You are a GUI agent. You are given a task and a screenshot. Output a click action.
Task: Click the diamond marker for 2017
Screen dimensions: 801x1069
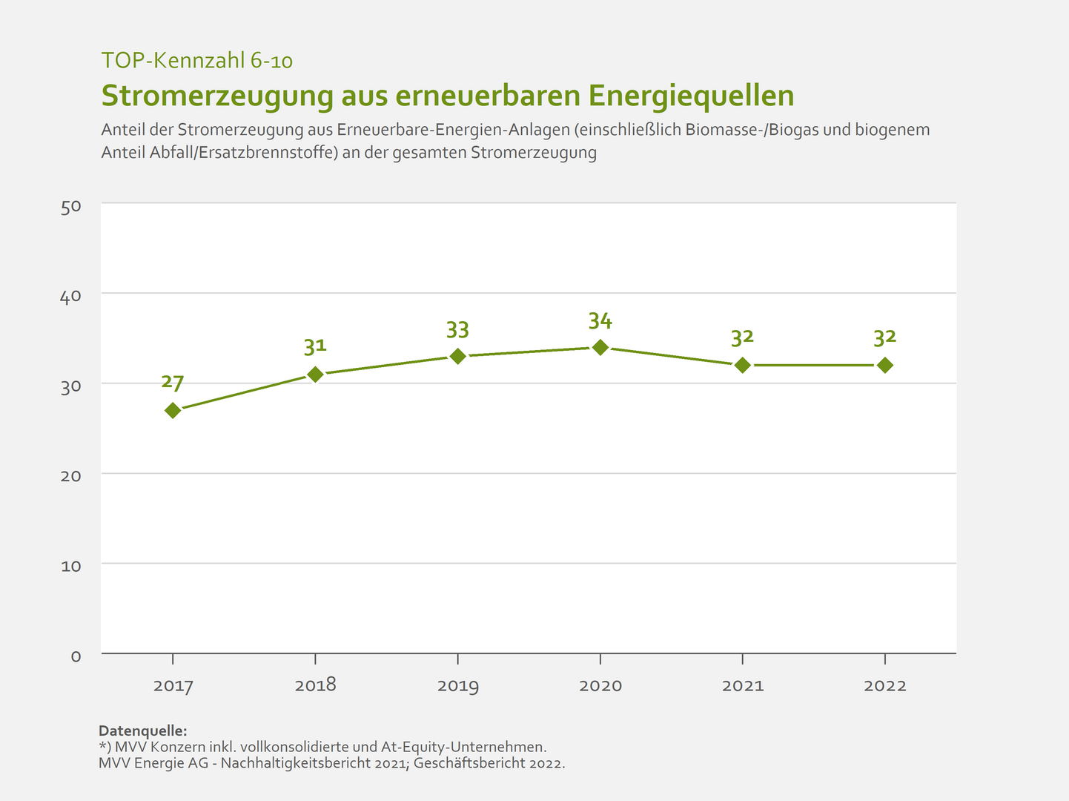[173, 410]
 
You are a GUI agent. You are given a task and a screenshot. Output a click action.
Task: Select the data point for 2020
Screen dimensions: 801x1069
[600, 347]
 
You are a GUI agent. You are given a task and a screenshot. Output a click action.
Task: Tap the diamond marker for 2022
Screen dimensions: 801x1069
[884, 365]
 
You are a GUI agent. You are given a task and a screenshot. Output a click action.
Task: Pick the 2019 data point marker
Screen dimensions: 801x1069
[458, 356]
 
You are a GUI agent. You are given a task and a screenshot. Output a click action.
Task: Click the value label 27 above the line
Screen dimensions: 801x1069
[173, 383]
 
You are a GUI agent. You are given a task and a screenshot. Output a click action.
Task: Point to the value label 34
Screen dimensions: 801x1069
[600, 320]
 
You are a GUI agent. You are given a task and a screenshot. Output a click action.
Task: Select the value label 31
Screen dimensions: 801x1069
[315, 346]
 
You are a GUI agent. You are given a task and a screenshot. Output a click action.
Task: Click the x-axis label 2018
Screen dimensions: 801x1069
[315, 685]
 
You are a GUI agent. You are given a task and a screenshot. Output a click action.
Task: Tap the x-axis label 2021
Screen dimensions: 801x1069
[743, 685]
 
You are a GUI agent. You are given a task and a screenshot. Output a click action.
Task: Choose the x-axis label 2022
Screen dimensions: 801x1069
[884, 685]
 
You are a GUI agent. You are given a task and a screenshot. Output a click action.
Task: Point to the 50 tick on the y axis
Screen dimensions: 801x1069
[70, 206]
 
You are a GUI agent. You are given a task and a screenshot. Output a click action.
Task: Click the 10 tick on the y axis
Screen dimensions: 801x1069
[70, 566]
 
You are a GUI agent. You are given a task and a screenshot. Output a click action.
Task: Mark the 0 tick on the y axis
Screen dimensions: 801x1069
[76, 656]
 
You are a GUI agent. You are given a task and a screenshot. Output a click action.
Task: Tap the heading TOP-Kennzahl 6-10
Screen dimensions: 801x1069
[197, 60]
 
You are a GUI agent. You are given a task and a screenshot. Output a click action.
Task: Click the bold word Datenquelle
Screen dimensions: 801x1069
[142, 731]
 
